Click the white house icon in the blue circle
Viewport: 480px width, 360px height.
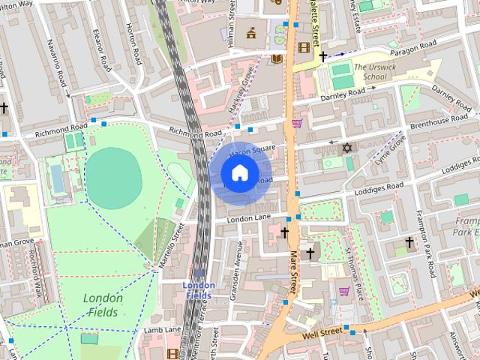point(238,173)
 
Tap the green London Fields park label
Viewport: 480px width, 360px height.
point(103,304)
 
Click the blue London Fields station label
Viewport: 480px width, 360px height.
point(199,290)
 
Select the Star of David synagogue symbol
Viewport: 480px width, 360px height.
point(346,148)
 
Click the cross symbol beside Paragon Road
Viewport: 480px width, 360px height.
point(323,56)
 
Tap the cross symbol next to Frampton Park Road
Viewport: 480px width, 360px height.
point(409,242)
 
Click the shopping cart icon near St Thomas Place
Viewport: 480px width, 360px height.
point(343,291)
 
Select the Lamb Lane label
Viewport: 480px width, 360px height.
point(163,329)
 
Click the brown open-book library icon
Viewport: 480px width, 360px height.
point(277,58)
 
